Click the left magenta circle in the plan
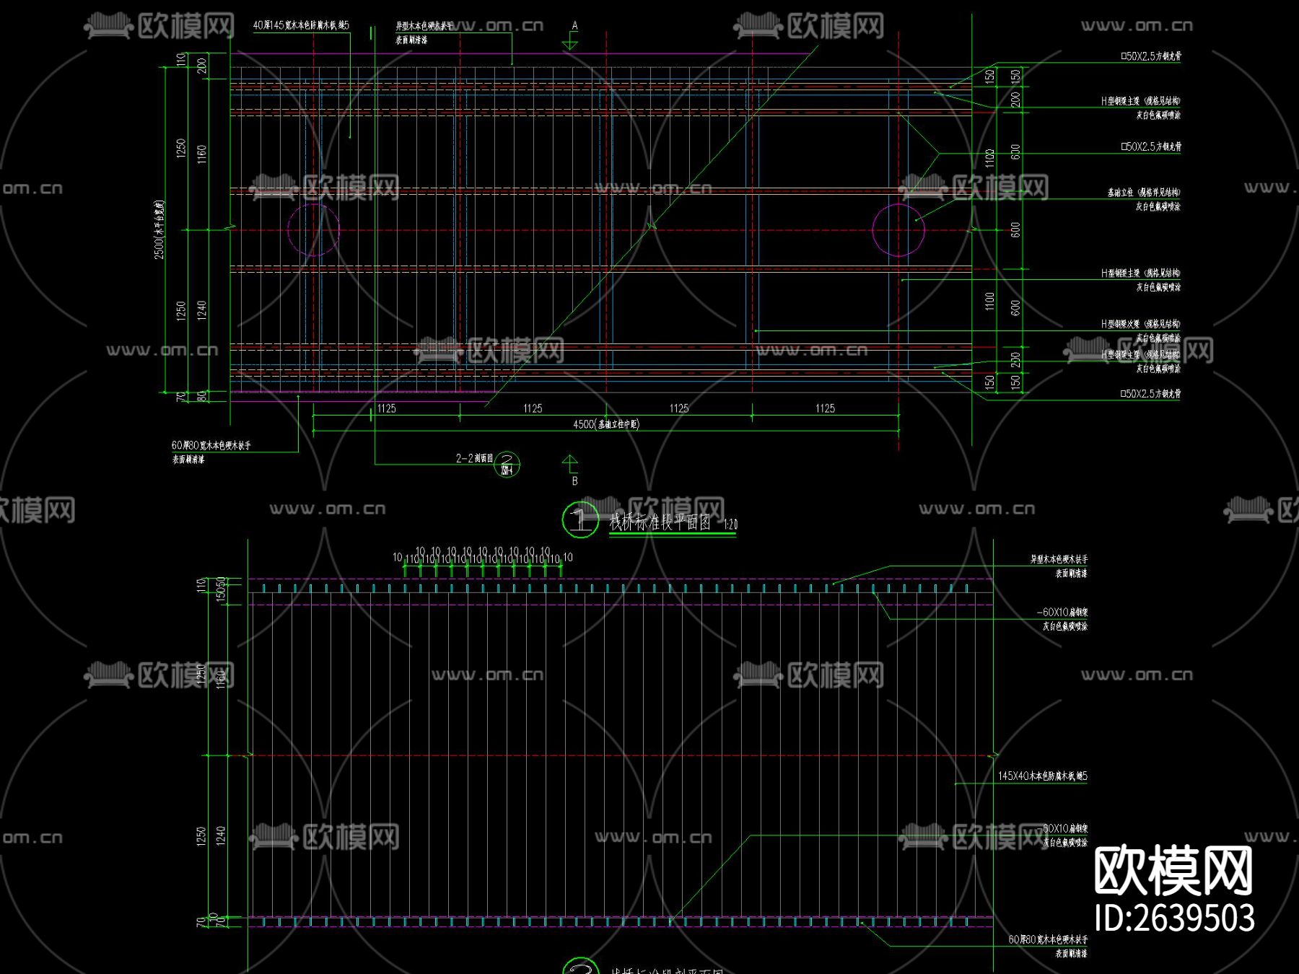pyautogui.click(x=313, y=230)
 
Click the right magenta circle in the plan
pyautogui.click(x=898, y=230)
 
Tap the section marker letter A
pyautogui.click(x=574, y=26)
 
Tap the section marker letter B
pyautogui.click(x=574, y=481)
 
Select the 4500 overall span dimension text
pyautogui.click(x=605, y=424)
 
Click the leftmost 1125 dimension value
pyautogui.click(x=387, y=408)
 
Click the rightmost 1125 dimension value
pyautogui.click(x=825, y=408)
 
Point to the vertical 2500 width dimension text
pyautogui.click(x=159, y=230)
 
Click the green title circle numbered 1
pyautogui.click(x=580, y=519)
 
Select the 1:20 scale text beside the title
pyautogui.click(x=730, y=525)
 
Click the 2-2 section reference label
pyautogui.click(x=474, y=458)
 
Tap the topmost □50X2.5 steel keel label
pyautogui.click(x=1150, y=56)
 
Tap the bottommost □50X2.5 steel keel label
pyautogui.click(x=1150, y=394)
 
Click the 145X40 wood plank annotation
pyautogui.click(x=1042, y=776)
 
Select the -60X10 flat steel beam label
pyautogui.click(x=1062, y=613)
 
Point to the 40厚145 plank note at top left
pyautogui.click(x=301, y=25)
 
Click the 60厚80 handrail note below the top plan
pyautogui.click(x=211, y=445)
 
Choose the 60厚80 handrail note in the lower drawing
pyautogui.click(x=1048, y=939)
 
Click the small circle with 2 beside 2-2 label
pyautogui.click(x=507, y=464)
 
